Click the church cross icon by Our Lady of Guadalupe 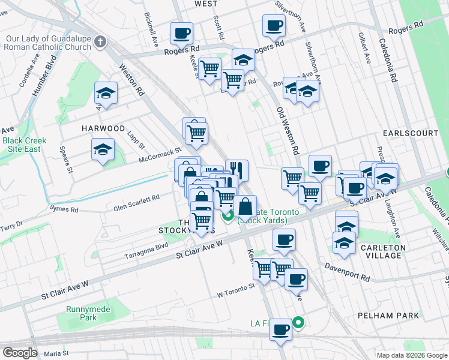click(100, 42)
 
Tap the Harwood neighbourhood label click(103, 128)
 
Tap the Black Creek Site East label click(20, 145)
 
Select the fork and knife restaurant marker click(237, 170)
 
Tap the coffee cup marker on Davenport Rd click(295, 278)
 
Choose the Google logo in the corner click(20, 353)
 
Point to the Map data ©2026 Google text click(412, 355)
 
